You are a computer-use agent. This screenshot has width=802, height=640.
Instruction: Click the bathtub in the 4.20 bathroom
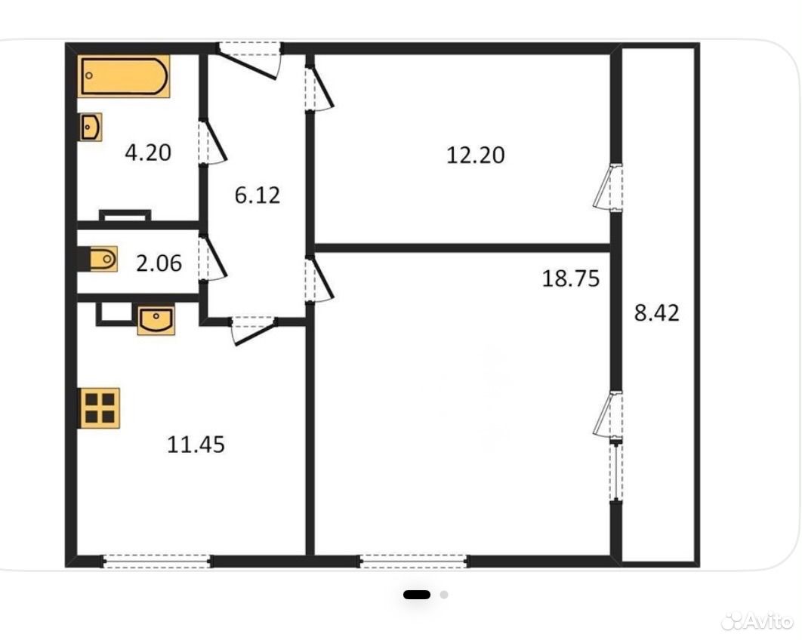[124, 75]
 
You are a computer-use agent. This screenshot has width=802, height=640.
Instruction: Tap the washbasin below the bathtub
[91, 127]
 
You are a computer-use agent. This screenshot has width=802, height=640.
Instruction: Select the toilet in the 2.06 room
[99, 259]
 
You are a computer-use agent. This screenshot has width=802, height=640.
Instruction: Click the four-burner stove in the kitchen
[100, 408]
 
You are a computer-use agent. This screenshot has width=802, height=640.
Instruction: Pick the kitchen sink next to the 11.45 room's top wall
[156, 319]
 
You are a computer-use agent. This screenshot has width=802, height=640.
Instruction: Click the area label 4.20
[148, 153]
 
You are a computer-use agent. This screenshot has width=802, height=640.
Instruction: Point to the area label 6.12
[258, 195]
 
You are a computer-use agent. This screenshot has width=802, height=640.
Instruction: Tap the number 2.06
[159, 263]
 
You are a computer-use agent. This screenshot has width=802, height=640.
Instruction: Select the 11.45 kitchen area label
[196, 445]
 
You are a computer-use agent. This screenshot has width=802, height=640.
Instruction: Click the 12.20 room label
[476, 155]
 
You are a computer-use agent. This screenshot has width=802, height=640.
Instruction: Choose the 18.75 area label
[571, 279]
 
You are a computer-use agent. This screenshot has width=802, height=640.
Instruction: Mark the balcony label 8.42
[657, 313]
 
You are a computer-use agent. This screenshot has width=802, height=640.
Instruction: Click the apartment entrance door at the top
[251, 59]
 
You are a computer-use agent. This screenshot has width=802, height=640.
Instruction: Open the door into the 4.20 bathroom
[212, 142]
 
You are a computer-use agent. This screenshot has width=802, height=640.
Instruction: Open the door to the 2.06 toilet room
[212, 257]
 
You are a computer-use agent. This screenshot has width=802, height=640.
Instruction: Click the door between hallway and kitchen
[253, 331]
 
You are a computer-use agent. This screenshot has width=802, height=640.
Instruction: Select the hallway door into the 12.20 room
[319, 88]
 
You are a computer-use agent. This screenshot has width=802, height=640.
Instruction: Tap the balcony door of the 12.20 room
[609, 186]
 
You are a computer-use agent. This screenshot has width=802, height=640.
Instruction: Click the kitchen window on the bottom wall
[157, 562]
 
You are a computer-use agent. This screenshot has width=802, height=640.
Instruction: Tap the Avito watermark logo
[757, 620]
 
